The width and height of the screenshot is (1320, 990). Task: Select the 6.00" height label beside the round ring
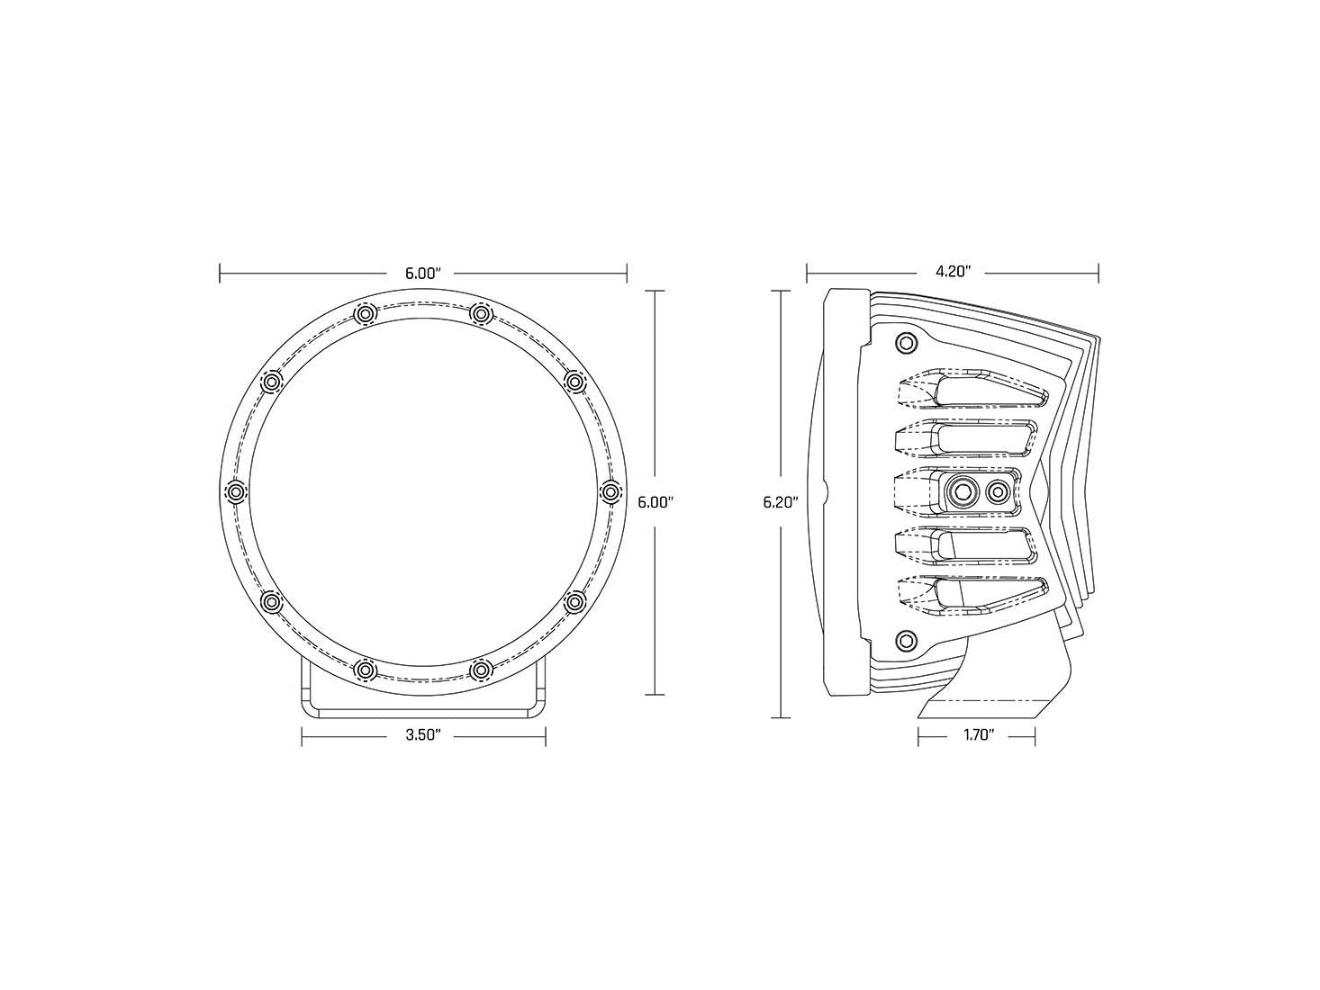tap(655, 502)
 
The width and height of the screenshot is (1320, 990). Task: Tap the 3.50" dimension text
tap(422, 735)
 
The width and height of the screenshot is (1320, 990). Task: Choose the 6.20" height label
tap(782, 502)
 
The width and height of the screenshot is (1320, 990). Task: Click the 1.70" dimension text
tap(977, 735)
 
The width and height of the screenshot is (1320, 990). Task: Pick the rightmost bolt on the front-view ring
tap(610, 491)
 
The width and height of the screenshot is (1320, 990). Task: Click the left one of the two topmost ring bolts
tap(364, 313)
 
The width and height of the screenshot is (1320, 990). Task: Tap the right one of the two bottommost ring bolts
tap(482, 669)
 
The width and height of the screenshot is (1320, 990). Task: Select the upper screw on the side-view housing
tap(906, 343)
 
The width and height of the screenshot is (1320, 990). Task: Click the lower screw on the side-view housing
tap(906, 640)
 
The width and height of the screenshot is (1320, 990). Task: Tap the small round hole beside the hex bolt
tap(998, 491)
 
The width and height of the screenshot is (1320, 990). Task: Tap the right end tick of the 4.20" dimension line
tap(1098, 273)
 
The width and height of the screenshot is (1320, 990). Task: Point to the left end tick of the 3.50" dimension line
tap(303, 735)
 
